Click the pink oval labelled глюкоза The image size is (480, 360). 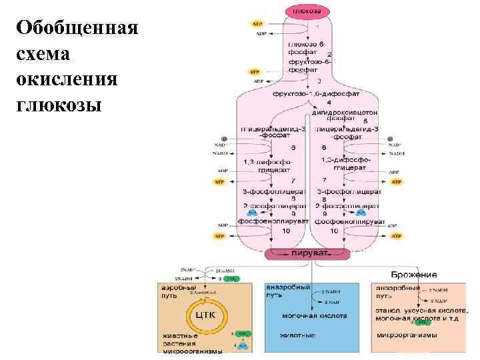(x=308, y=11)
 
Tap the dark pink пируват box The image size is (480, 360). (x=308, y=254)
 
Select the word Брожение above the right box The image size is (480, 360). (x=415, y=275)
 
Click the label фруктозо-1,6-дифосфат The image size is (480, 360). (x=308, y=93)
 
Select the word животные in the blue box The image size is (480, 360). (x=297, y=335)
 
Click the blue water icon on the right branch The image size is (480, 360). (x=361, y=213)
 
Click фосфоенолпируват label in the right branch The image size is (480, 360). (x=350, y=221)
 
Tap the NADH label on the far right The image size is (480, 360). (x=396, y=153)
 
